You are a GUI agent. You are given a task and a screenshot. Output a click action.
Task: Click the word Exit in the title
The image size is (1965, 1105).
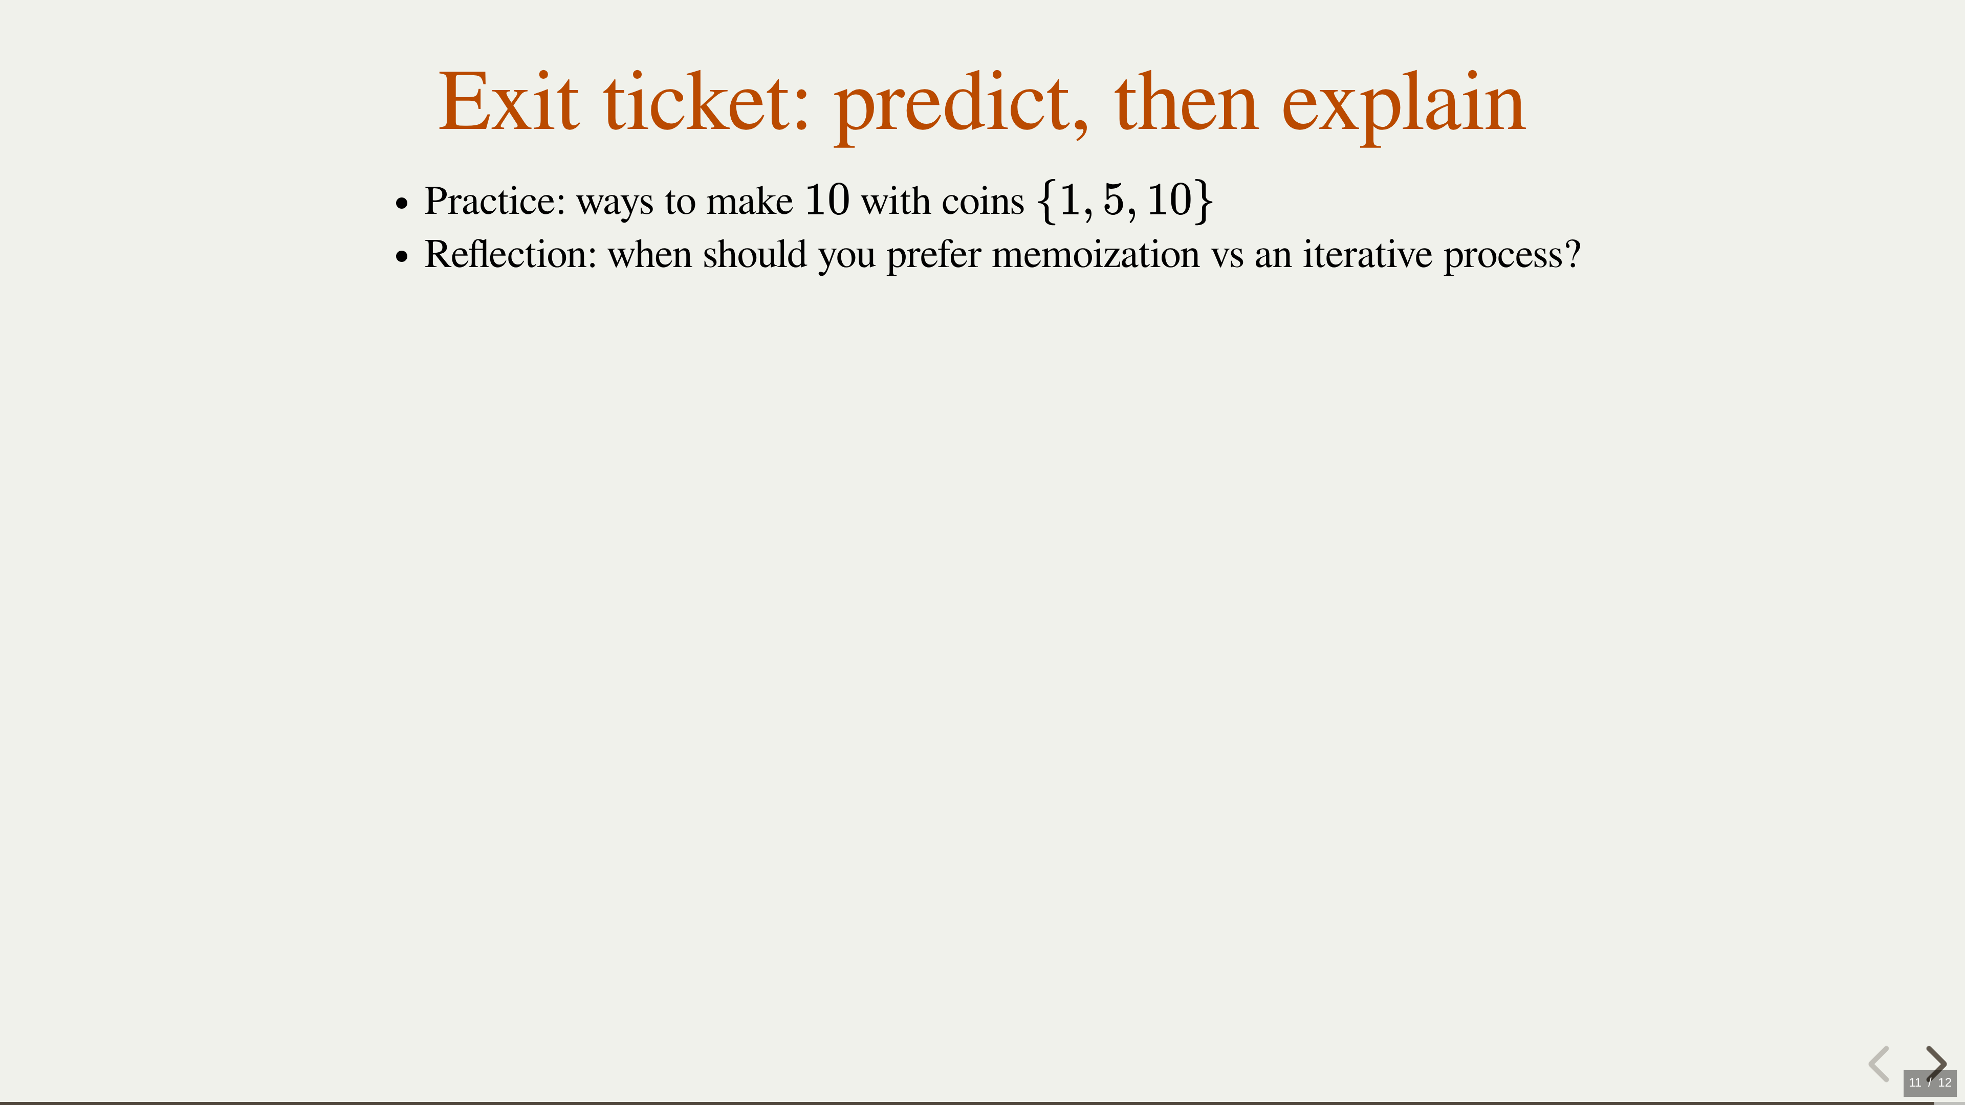[x=509, y=102]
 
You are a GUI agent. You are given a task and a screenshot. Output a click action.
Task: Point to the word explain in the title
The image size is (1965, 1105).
[x=1404, y=107]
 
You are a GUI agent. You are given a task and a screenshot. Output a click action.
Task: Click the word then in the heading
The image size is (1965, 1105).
[x=1186, y=102]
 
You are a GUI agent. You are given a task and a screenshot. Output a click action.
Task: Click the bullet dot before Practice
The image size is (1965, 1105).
[x=403, y=204]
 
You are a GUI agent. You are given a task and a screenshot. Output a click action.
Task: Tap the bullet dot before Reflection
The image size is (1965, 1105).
[x=403, y=257]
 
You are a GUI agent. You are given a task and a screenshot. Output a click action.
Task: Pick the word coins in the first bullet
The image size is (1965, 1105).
[x=982, y=202]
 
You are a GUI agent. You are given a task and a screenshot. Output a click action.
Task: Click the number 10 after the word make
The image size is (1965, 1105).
[x=827, y=201]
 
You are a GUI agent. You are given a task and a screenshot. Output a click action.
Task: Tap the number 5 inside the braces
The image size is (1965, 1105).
[x=1113, y=200]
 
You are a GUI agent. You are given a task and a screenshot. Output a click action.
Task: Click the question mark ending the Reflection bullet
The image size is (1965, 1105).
[x=1572, y=254]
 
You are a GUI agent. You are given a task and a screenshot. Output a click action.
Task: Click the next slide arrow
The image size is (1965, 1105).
[x=1936, y=1063]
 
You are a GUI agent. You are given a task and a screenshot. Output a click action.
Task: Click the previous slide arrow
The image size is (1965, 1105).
[x=1879, y=1063]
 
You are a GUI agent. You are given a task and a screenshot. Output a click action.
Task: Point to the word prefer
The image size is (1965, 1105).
[x=934, y=256]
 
